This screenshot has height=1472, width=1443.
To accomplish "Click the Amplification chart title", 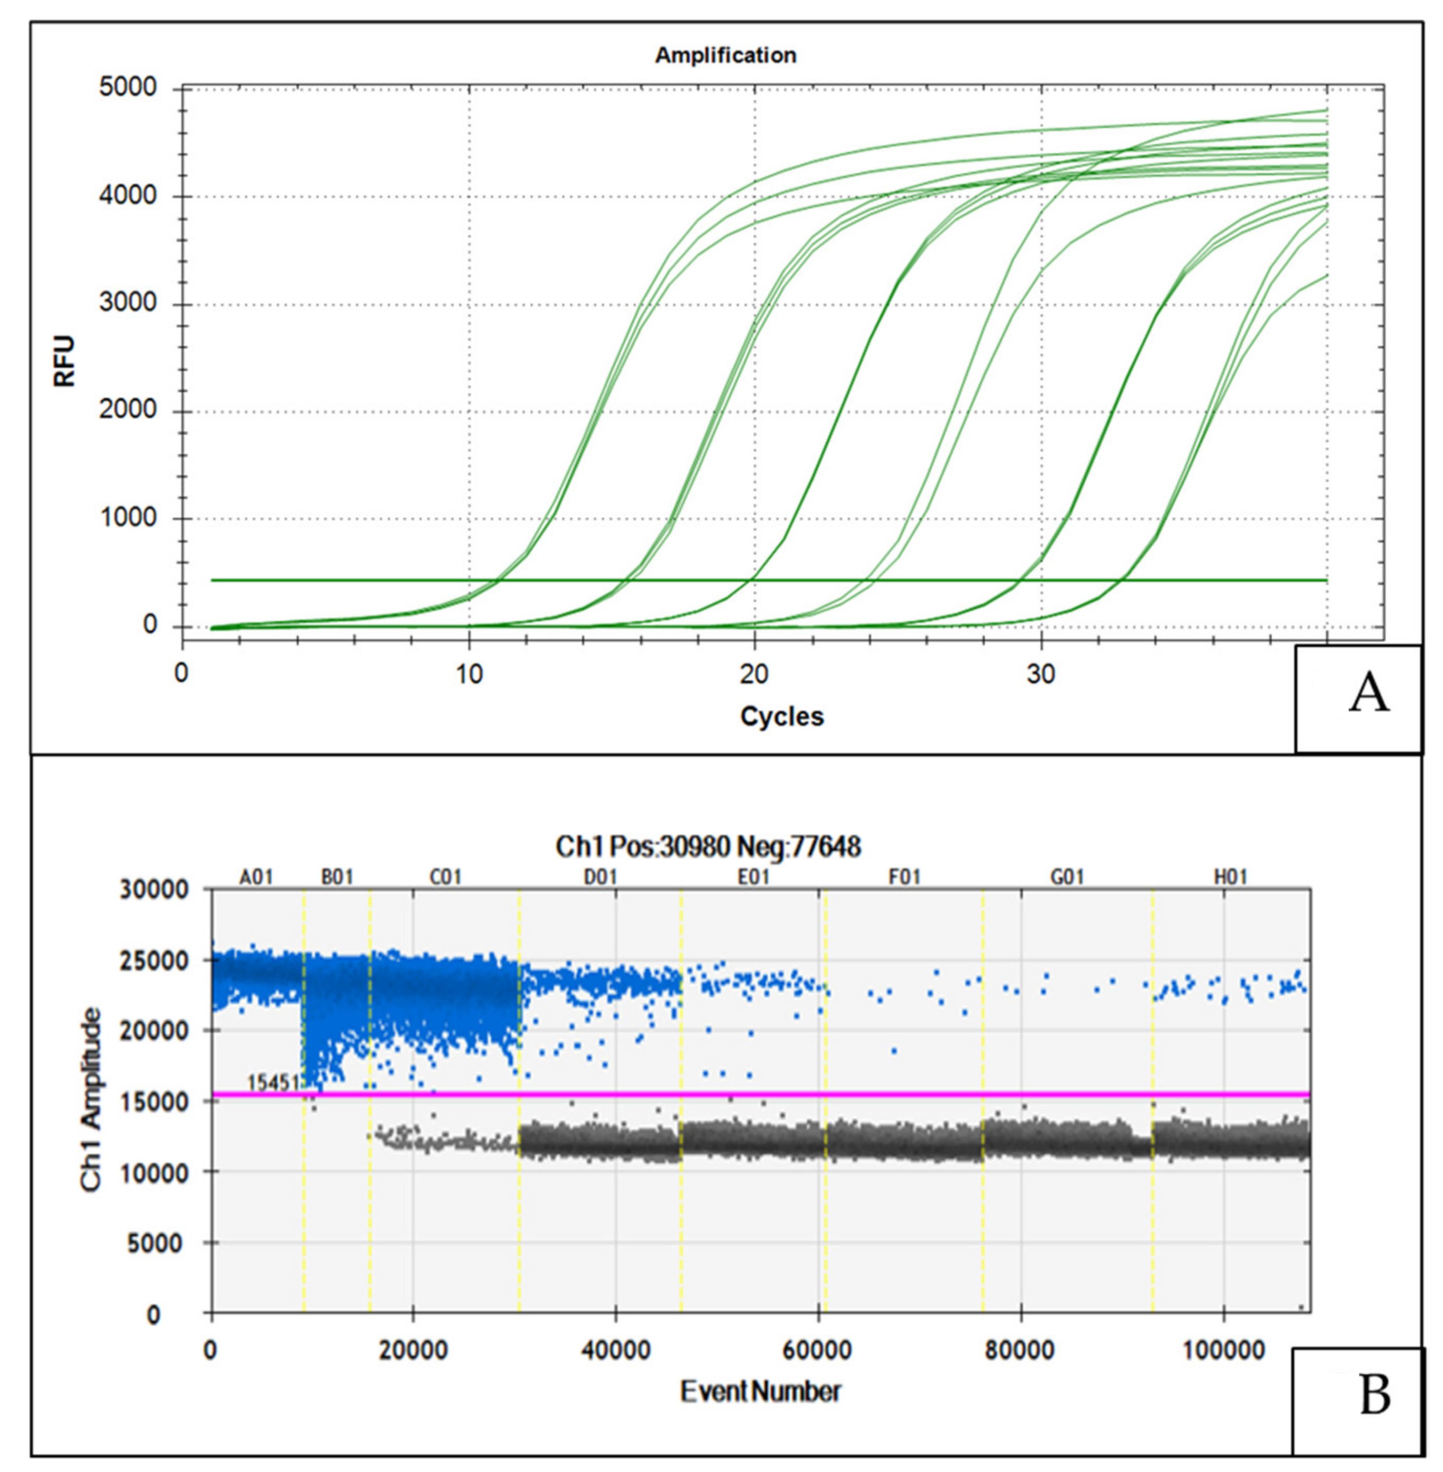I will pos(725,55).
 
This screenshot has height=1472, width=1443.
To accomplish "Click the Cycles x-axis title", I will pos(781,716).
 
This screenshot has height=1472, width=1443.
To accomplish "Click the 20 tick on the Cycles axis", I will pos(754,673).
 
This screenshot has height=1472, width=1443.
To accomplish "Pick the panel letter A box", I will pos(1357,698).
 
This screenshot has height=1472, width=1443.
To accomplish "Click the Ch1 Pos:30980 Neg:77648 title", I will pos(708,846).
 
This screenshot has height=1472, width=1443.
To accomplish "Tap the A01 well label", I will pos(256,877).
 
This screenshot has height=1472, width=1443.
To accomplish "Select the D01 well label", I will pos(600,877).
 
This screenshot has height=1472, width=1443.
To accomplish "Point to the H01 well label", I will pos(1230,877).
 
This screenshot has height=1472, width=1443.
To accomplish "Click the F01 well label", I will pos(904,877).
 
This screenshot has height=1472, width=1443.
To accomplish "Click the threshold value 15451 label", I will pos(274,1082).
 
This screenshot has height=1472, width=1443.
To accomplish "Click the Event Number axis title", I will pos(760,1392).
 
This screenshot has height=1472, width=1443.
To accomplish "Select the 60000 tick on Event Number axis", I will pos(818,1350).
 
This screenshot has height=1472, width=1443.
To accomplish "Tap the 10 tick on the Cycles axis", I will pos(469,673).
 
